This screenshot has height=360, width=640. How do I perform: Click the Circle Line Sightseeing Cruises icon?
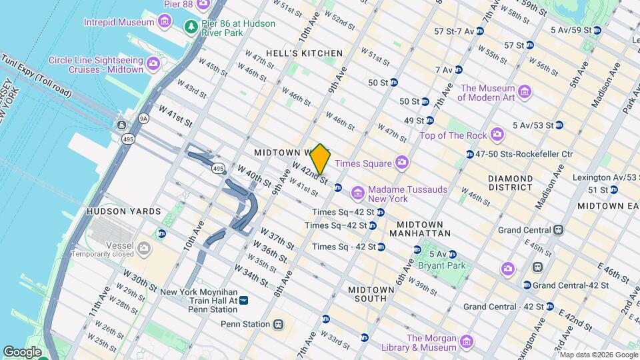click(153, 65)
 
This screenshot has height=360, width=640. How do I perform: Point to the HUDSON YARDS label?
click(124, 211)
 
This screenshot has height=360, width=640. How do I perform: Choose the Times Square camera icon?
click(401, 162)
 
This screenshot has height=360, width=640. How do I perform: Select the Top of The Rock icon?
click(497, 135)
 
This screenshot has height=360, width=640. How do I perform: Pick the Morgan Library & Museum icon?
click(466, 342)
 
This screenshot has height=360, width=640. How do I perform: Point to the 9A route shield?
click(143, 119)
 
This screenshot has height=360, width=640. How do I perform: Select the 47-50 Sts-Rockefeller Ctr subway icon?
click(471, 155)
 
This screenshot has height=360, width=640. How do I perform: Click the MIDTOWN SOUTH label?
click(367, 294)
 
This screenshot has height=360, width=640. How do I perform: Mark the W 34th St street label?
click(253, 276)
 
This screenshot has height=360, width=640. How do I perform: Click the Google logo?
click(23, 351)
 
